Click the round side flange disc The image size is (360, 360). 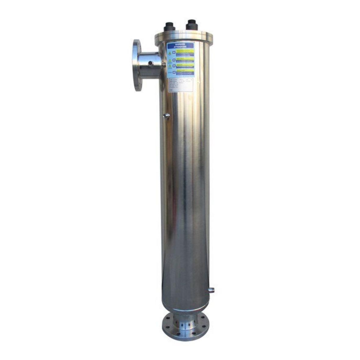click(137, 65)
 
